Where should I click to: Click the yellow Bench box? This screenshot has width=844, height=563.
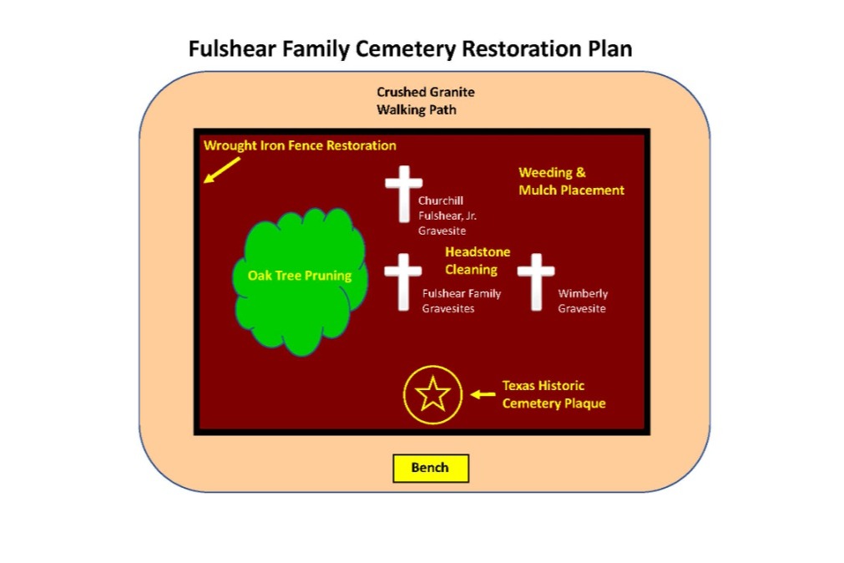coord(431,468)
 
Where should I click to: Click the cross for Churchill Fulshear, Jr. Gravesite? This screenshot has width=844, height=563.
coord(404,194)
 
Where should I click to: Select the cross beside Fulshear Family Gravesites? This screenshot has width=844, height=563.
coord(403,281)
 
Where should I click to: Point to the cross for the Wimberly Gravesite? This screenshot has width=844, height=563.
coord(536,281)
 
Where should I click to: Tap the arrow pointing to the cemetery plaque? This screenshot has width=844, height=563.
coord(483,394)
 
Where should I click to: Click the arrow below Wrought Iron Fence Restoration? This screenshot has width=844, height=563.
coord(222,170)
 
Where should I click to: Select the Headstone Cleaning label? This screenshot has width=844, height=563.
coord(478,261)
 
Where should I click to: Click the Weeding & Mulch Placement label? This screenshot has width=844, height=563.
coord(571,181)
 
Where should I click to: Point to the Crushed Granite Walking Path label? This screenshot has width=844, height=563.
coord(425,101)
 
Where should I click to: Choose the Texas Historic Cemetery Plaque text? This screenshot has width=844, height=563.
coord(553,394)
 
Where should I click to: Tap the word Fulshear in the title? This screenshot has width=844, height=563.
coord(232,48)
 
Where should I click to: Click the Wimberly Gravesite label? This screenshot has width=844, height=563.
coord(583,301)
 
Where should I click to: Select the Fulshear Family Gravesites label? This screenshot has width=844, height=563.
coord(462,301)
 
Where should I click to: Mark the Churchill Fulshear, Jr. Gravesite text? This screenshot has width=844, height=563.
coord(447,216)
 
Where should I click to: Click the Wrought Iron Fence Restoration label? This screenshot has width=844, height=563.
coord(300,145)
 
